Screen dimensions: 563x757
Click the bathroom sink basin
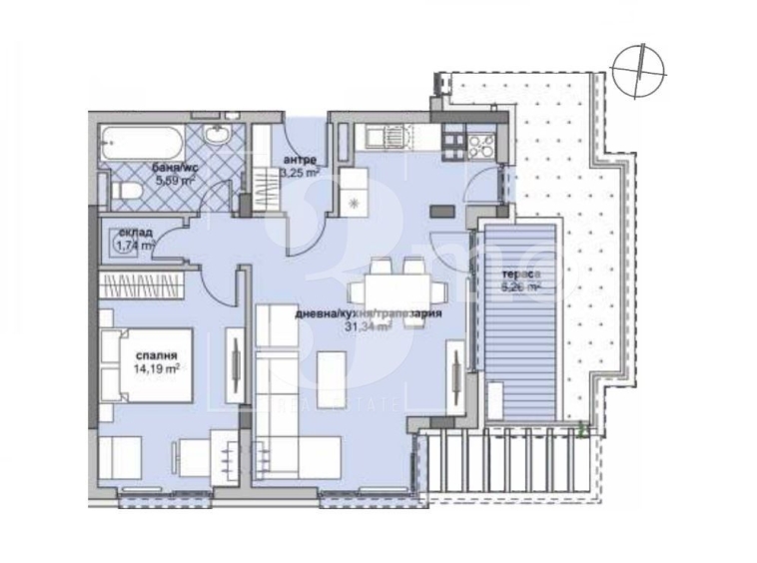point(214,137)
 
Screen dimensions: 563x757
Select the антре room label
point(300,159)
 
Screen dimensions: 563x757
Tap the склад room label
point(135,232)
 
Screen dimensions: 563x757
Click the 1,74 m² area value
point(135,245)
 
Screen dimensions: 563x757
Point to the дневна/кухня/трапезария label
point(368,313)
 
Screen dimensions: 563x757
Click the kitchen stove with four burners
point(479,145)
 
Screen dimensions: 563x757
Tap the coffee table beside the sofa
point(332,371)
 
